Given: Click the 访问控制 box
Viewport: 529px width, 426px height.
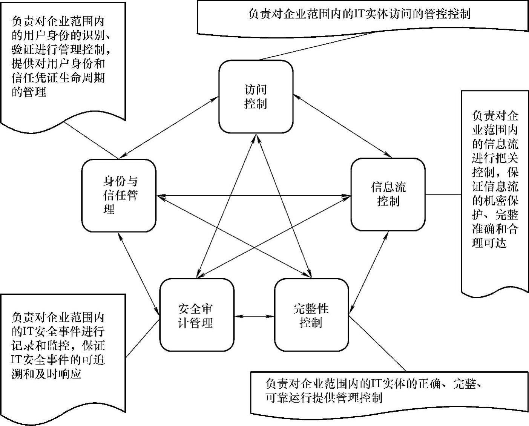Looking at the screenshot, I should [256, 97].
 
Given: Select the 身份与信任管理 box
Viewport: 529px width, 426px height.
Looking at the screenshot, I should [119, 195].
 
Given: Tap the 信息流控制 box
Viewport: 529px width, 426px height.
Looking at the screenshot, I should [388, 194].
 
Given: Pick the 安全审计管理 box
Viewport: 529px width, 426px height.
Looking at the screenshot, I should [196, 315].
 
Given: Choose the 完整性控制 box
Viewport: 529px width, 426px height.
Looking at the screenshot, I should [311, 315].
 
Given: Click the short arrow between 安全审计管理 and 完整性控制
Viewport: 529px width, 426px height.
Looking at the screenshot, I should [254, 316].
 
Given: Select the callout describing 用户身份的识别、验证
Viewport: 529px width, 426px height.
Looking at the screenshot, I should [60, 57].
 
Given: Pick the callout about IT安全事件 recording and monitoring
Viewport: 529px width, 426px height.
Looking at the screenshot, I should [58, 345].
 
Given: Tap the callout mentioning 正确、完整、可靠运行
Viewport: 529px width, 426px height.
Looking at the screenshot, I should [373, 391].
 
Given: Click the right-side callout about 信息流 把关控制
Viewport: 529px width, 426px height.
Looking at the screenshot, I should [495, 179].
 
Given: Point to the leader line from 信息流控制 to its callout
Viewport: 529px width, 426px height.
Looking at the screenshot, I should [443, 195].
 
